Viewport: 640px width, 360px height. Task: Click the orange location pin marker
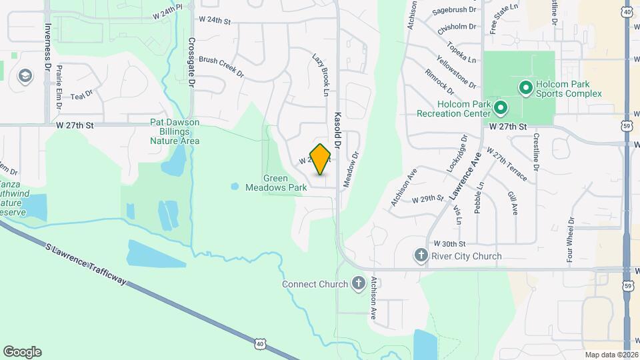pyautogui.click(x=321, y=159)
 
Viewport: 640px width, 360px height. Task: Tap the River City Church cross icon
pyautogui.click(x=420, y=256)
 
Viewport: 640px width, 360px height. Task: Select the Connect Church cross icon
pyautogui.click(x=358, y=284)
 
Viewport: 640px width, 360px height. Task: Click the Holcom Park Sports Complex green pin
pyautogui.click(x=525, y=87)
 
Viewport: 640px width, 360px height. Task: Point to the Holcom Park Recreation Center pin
pyautogui.click(x=501, y=107)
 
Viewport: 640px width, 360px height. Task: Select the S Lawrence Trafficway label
pyautogui.click(x=87, y=263)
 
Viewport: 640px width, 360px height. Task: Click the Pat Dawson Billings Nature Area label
pyautogui.click(x=175, y=131)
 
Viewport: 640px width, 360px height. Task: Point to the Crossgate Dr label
pyautogui.click(x=191, y=61)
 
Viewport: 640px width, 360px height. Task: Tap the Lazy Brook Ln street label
pyautogui.click(x=321, y=73)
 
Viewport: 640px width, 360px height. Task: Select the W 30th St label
pyautogui.click(x=449, y=245)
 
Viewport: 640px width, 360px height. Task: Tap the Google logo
pyautogui.click(x=22, y=352)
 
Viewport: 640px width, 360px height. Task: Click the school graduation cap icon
pyautogui.click(x=25, y=75)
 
